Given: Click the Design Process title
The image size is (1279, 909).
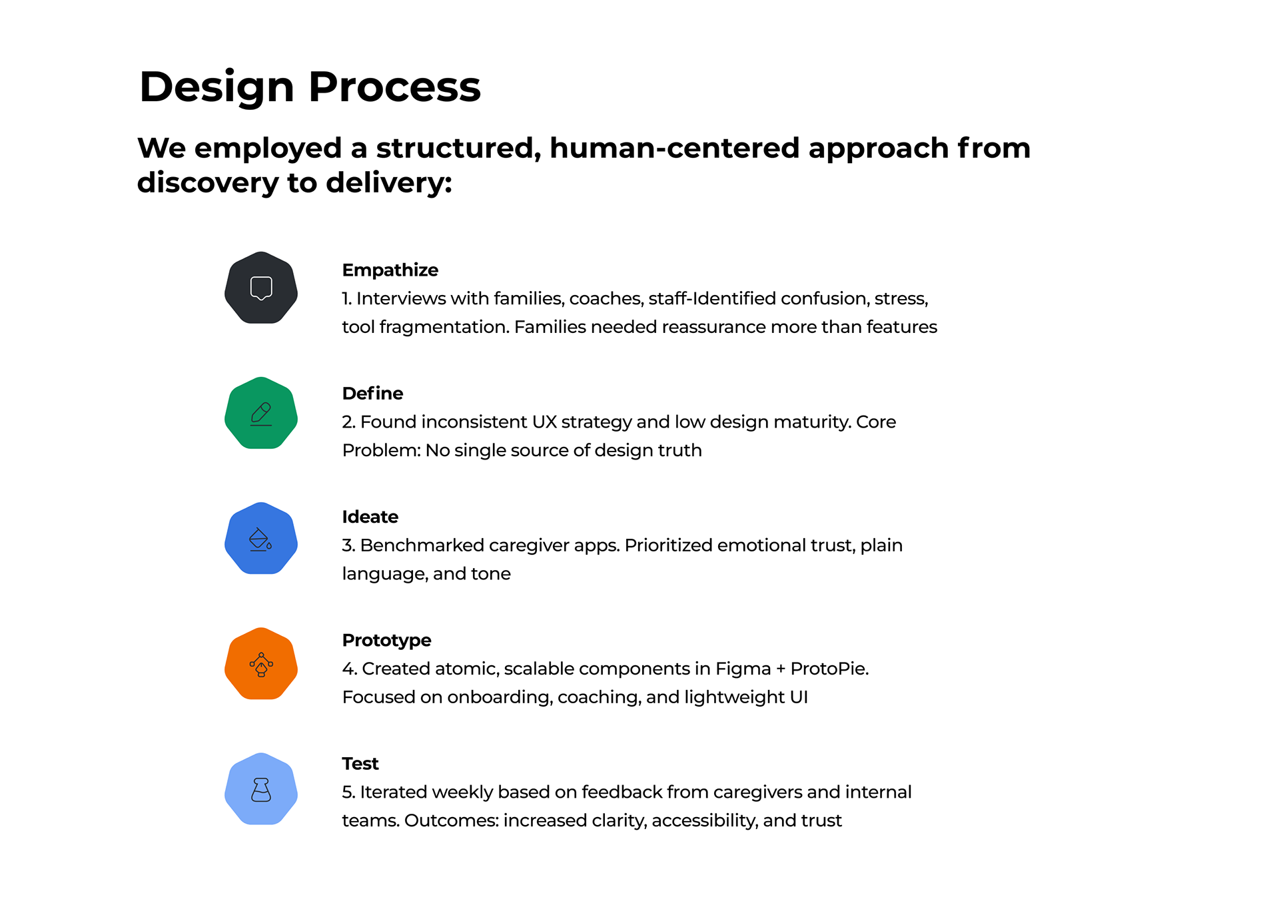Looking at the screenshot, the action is (310, 87).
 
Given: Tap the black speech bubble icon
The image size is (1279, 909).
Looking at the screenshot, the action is (261, 288).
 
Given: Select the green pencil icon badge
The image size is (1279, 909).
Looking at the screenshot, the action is (261, 413).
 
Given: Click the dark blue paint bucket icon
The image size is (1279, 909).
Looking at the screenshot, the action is (261, 538).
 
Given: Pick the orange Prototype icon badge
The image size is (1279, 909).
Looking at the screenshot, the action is (261, 663).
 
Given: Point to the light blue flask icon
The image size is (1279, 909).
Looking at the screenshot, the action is (261, 789).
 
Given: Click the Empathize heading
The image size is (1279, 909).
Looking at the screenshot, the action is (390, 270).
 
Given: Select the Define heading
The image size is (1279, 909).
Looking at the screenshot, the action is (372, 393).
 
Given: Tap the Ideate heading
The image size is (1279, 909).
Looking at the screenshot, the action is (370, 517).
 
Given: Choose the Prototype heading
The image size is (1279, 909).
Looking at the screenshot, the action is (386, 640).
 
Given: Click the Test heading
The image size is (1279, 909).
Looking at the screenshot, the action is (360, 763).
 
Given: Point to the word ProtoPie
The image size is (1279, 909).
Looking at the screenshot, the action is (829, 669).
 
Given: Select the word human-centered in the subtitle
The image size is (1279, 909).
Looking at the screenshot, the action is (674, 148).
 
